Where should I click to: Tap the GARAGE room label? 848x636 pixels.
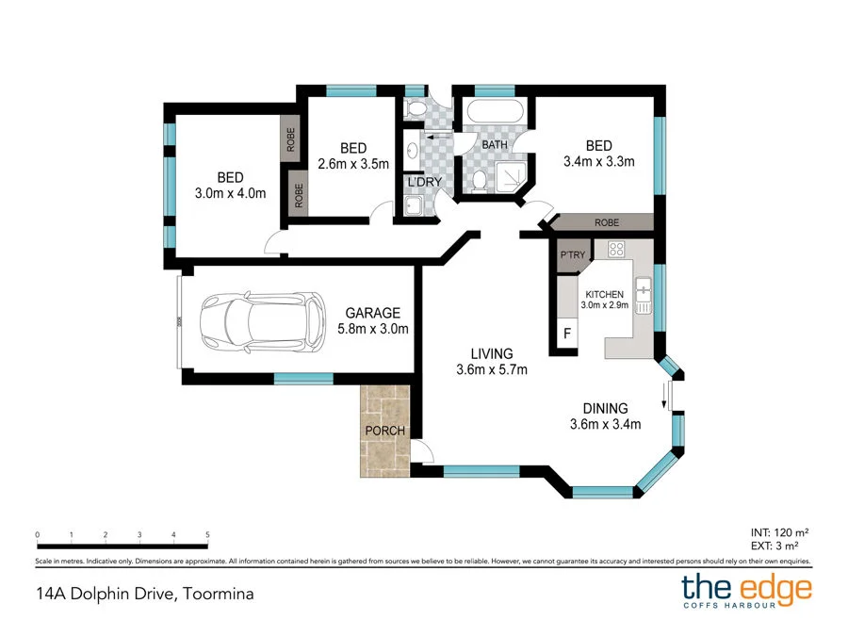372,313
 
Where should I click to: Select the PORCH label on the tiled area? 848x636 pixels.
384,431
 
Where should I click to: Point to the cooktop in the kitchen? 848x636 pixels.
617,250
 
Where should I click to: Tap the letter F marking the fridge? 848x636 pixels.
567,334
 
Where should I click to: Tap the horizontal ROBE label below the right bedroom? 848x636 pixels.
606,223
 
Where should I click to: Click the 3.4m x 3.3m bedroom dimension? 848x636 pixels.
598,161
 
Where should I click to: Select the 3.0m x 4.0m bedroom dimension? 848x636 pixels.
230,193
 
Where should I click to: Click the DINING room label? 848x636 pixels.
605,408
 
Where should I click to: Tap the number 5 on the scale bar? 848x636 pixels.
207,534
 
